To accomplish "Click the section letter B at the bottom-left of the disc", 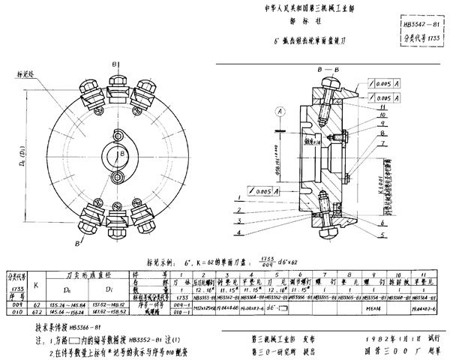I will point(78,246).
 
